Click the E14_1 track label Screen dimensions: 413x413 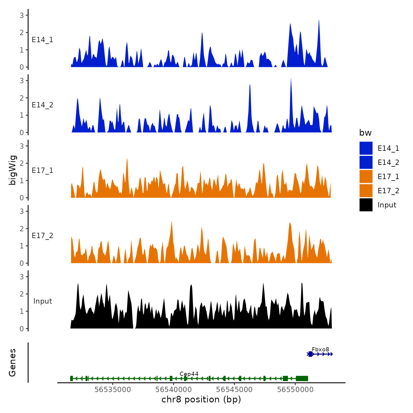pyautogui.click(x=42, y=40)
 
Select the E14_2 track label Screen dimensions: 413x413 pyautogui.click(x=42, y=105)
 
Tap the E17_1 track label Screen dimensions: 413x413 pyautogui.click(x=42, y=171)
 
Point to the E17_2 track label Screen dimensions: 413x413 pyautogui.click(x=42, y=236)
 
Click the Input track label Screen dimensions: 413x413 pyautogui.click(x=42, y=301)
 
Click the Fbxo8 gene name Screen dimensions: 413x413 pyautogui.click(x=320, y=350)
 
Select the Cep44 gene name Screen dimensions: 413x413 pyautogui.click(x=189, y=374)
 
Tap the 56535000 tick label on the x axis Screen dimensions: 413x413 pyautogui.click(x=113, y=390)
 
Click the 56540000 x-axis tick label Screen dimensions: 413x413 pyautogui.click(x=173, y=390)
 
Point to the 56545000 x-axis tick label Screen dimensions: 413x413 pyautogui.click(x=234, y=390)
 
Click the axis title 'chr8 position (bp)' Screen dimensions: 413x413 pyautogui.click(x=201, y=400)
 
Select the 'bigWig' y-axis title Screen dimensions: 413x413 pyautogui.click(x=13, y=170)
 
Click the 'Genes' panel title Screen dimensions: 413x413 pyautogui.click(x=12, y=363)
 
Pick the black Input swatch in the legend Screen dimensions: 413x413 pyautogui.click(x=366, y=205)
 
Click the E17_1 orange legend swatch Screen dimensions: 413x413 pyautogui.click(x=366, y=177)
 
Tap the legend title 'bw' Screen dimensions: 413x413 pyautogui.click(x=365, y=133)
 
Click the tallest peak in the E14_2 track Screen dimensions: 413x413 pyautogui.click(x=291, y=78)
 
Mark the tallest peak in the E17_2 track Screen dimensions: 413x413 pyautogui.click(x=171, y=222)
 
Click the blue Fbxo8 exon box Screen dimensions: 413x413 pyautogui.click(x=310, y=354)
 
